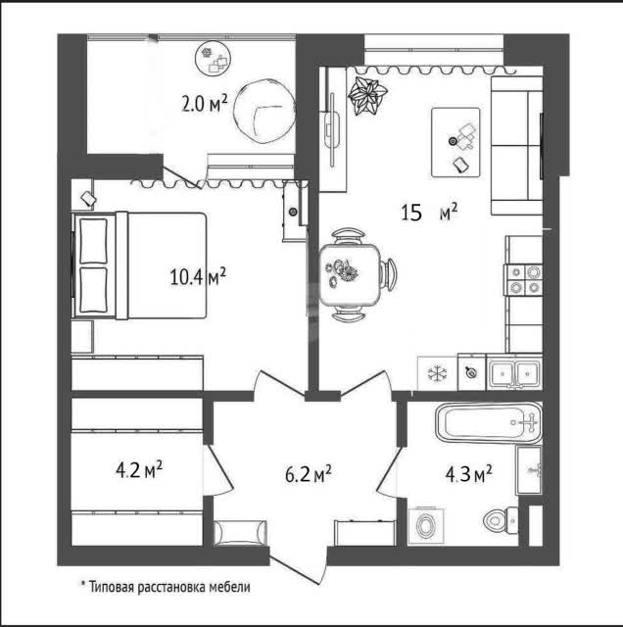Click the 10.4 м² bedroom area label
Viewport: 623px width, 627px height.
tap(198, 276)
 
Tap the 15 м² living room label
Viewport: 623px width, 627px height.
tap(429, 213)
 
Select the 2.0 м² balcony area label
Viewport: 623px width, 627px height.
tap(205, 103)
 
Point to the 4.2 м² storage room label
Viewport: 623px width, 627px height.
tap(139, 469)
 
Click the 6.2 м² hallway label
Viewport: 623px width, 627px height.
tap(308, 474)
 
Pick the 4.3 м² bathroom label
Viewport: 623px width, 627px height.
tap(468, 474)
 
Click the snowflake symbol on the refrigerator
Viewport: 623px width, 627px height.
tap(437, 373)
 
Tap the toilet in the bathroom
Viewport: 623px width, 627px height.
tap(501, 520)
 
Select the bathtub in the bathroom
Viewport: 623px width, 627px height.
tap(489, 423)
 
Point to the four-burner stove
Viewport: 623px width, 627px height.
tap(524, 280)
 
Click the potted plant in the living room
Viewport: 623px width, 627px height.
tap(366, 96)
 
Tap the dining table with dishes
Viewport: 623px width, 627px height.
tap(350, 275)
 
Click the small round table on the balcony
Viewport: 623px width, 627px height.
tap(214, 59)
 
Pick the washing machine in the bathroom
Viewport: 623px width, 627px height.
tap(426, 525)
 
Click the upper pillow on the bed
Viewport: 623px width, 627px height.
tap(94, 241)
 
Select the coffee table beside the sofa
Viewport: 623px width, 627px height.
tap(455, 142)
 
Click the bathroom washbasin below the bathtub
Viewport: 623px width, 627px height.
tap(529, 470)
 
